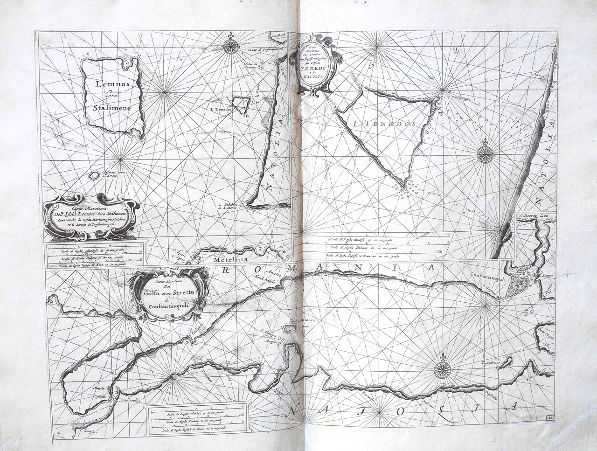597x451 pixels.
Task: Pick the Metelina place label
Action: (226, 260)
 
